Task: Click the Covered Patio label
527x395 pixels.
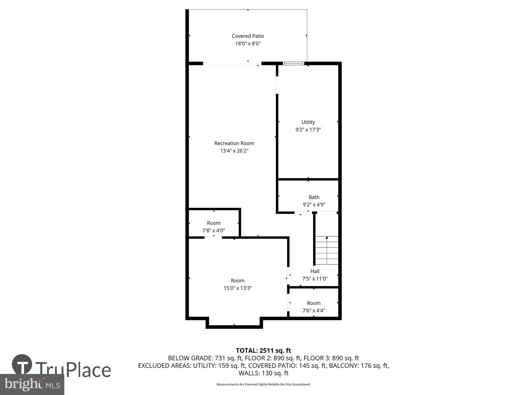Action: [248, 36]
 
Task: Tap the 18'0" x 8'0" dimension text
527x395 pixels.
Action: [248, 43]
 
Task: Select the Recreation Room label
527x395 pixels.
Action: [234, 143]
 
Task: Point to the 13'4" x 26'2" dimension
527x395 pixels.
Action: [234, 151]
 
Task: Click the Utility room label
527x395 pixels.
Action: [308, 122]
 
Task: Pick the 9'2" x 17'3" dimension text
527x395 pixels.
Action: [308, 130]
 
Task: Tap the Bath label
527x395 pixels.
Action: [314, 197]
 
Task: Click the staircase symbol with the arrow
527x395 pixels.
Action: [327, 250]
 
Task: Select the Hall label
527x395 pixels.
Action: [315, 271]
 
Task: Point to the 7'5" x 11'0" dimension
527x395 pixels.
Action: [315, 279]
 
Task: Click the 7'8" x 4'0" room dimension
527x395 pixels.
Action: [213, 231]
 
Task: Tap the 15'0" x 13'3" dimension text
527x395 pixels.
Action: [238, 288]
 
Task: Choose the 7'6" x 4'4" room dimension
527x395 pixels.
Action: [314, 310]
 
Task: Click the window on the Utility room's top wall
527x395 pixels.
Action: [293, 63]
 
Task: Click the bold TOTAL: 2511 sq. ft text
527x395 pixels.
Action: [263, 350]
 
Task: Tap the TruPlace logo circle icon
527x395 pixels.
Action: [22, 365]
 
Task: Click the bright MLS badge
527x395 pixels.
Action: [32, 384]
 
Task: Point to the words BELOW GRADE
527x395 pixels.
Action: [190, 358]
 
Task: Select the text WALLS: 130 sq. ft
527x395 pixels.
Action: [263, 373]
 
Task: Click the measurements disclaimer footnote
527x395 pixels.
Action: [263, 384]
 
